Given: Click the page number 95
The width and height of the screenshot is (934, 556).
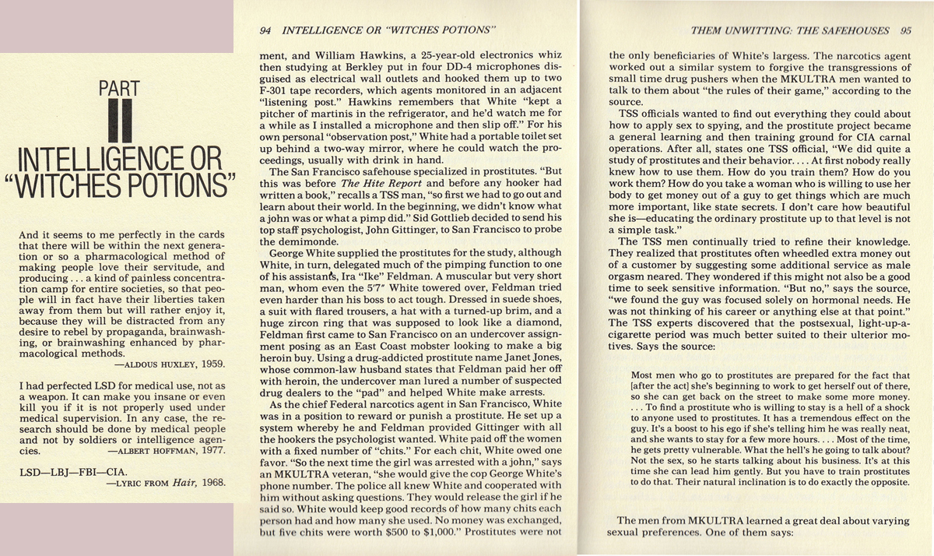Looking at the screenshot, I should point(905,31).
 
